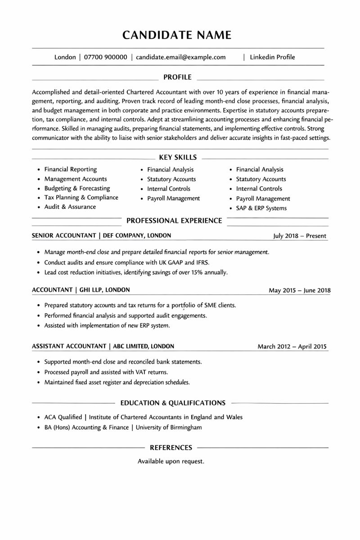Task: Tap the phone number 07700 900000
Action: tap(105, 57)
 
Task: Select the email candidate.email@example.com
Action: tap(180, 57)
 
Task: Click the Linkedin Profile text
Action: tap(272, 57)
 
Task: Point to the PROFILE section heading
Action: tap(177, 77)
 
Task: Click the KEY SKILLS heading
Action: tap(178, 157)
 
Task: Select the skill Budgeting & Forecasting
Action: tap(77, 188)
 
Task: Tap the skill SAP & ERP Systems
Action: tap(261, 208)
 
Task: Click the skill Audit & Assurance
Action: tap(70, 207)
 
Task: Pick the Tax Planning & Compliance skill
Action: tap(81, 198)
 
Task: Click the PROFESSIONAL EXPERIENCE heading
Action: tap(174, 220)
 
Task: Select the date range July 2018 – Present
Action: tap(300, 236)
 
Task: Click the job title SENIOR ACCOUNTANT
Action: tap(64, 235)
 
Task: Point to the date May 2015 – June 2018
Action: tap(299, 290)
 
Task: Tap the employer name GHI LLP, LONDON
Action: tap(104, 290)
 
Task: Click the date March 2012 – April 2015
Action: tap(292, 346)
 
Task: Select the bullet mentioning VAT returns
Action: tap(106, 372)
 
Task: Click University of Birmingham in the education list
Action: tap(169, 427)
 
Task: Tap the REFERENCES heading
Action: tap(171, 448)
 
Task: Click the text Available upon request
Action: tap(171, 461)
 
